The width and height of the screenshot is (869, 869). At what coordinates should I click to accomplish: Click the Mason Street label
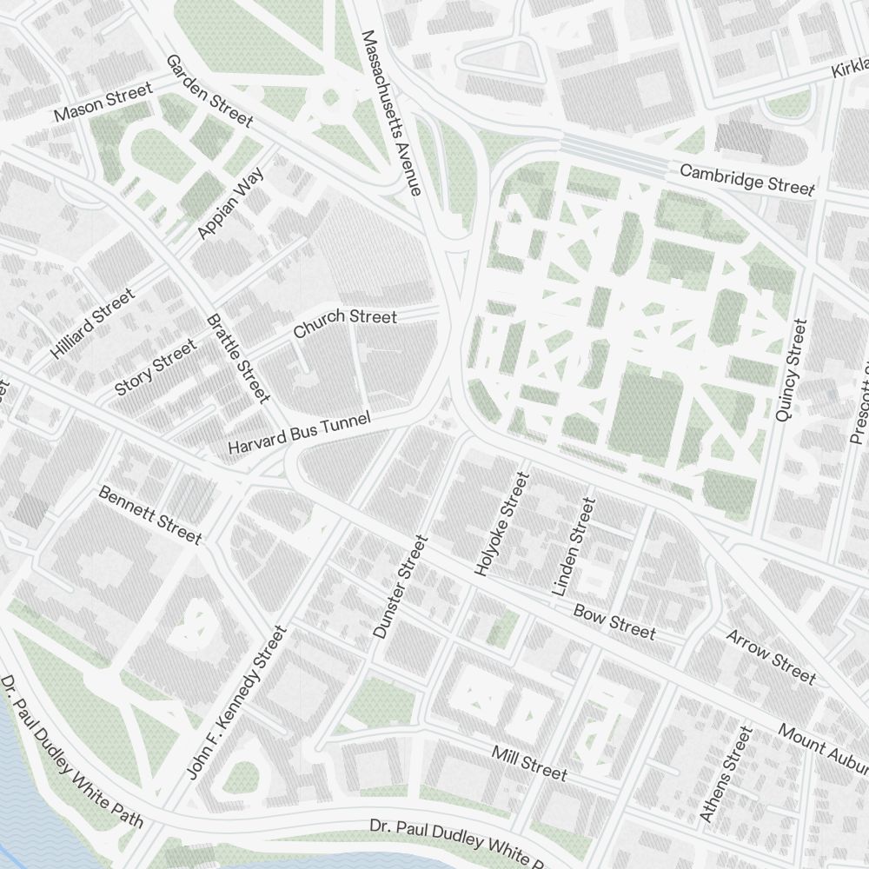[103, 102]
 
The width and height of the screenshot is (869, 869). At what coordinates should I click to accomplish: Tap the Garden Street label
[209, 90]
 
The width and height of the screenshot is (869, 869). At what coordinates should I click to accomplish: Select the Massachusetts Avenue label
[391, 113]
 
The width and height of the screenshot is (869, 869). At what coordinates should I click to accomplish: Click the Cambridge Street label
[747, 179]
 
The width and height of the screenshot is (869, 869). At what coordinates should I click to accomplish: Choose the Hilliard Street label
[93, 323]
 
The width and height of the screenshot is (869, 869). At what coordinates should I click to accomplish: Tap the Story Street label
[156, 368]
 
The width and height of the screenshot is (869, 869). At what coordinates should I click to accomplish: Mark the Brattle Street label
[238, 358]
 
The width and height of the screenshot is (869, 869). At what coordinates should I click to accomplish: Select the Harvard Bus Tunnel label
[299, 432]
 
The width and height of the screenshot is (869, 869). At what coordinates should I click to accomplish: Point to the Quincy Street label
[791, 370]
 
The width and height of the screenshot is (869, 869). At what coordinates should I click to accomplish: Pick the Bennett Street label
[149, 514]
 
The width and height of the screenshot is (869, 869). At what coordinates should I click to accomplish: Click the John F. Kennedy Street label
[236, 702]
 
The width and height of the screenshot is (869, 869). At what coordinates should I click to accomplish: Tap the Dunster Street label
[401, 587]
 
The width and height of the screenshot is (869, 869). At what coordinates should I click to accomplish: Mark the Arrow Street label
[771, 656]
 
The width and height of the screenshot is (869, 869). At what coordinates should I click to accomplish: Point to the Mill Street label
[529, 762]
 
